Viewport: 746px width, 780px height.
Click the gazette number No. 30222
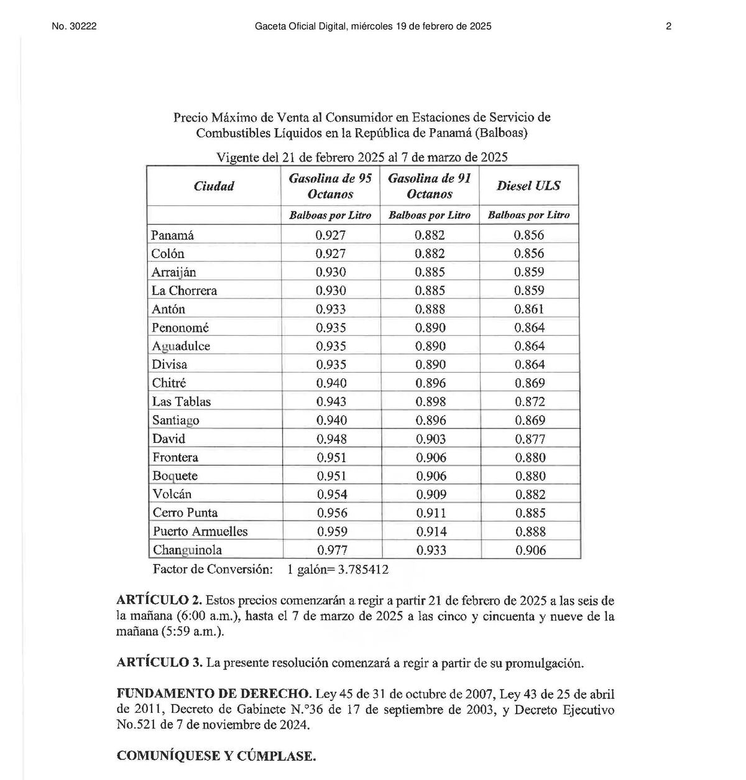pos(74,26)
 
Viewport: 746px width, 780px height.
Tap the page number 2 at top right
pos(668,26)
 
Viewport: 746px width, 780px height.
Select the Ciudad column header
pos(214,186)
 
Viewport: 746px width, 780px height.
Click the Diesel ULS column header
pos(528,185)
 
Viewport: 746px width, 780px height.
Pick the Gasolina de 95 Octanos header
pos(330,186)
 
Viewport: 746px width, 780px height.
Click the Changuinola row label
pos(187,550)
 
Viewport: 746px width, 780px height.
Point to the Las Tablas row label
pos(182,402)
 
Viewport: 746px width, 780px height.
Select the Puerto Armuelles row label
pos(200,531)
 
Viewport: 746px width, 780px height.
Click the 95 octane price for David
pos(331,439)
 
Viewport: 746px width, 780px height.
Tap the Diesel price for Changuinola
pos(531,550)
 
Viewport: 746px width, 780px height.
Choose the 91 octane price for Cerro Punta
pos(431,513)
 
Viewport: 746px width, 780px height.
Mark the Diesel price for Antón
pos(529,309)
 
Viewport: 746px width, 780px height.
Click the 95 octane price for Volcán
pos(332,494)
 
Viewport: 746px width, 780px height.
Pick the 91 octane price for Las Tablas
pos(431,402)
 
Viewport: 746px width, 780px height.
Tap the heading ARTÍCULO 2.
pos(159,600)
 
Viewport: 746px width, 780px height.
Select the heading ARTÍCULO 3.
pos(159,662)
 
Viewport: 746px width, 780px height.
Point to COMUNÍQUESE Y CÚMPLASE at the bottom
pos(216,756)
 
